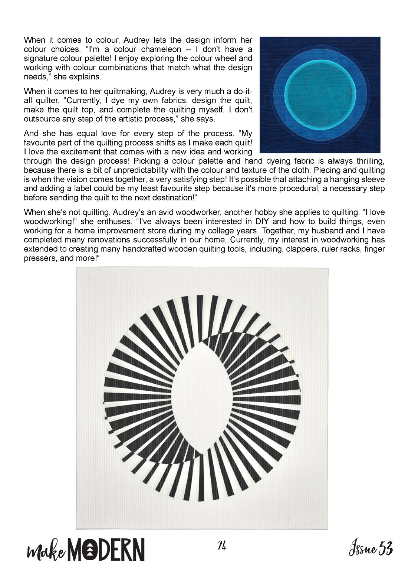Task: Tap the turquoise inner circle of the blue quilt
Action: [319, 95]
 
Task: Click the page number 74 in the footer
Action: [222, 547]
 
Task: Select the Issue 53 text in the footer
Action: [371, 549]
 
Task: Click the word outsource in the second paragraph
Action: [40, 119]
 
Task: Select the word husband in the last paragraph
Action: [322, 231]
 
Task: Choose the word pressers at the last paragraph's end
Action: [40, 258]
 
